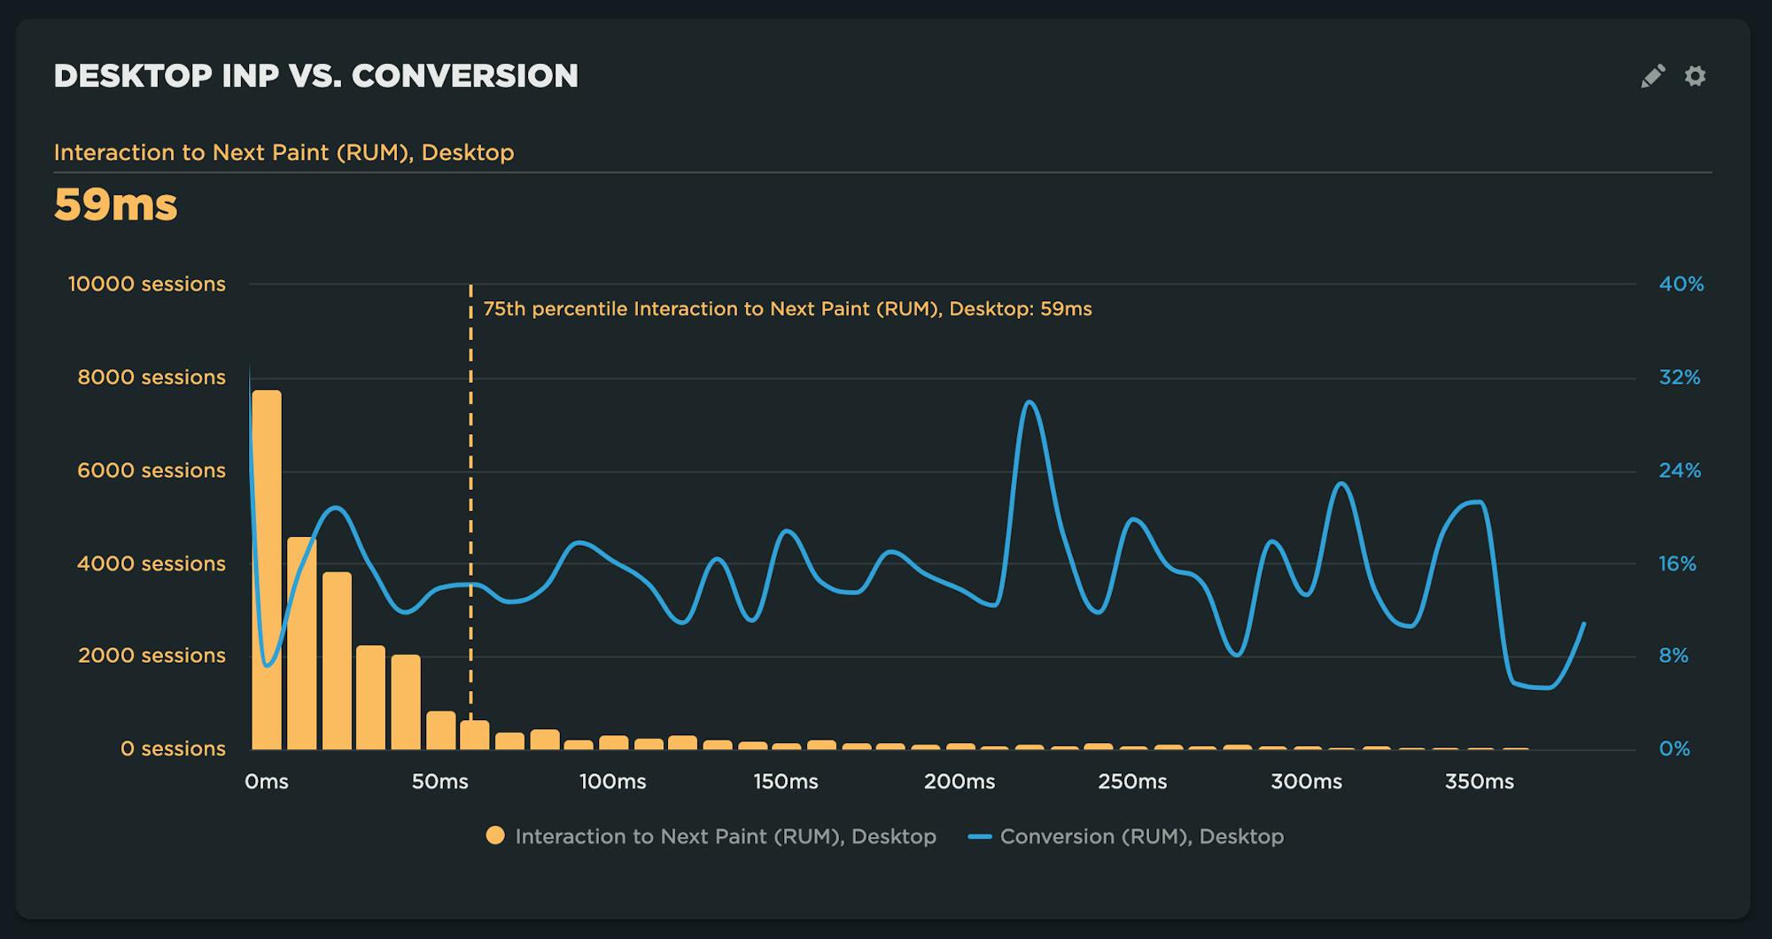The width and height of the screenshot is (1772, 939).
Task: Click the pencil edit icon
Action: [1652, 76]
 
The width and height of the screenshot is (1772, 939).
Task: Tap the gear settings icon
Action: [1695, 76]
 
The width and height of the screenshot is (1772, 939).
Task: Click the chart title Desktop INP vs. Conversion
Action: [315, 76]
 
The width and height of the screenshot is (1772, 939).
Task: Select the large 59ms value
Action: [115, 205]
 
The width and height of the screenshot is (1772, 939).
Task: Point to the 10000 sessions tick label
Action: [147, 284]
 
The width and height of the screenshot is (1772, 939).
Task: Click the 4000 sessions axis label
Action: [151, 563]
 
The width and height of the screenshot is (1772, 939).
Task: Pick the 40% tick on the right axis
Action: [1681, 284]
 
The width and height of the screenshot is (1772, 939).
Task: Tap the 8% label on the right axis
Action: [1674, 656]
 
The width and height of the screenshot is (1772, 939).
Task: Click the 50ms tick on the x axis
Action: [439, 782]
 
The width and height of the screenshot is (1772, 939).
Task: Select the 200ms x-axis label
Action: [960, 782]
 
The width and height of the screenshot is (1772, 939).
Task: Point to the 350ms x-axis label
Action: [1480, 782]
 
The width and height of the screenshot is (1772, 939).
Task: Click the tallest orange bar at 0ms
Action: [267, 567]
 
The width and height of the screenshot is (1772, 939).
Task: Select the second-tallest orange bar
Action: [301, 642]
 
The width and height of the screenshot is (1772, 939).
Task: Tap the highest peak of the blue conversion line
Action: [1029, 403]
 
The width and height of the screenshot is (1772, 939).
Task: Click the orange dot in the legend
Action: [495, 835]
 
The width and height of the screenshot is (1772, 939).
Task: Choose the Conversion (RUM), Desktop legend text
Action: [1141, 836]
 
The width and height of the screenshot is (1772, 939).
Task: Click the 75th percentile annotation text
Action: [787, 309]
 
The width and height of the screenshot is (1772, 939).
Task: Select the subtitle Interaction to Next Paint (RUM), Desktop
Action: [284, 152]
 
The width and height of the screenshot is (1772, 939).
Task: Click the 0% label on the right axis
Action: [1674, 749]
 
